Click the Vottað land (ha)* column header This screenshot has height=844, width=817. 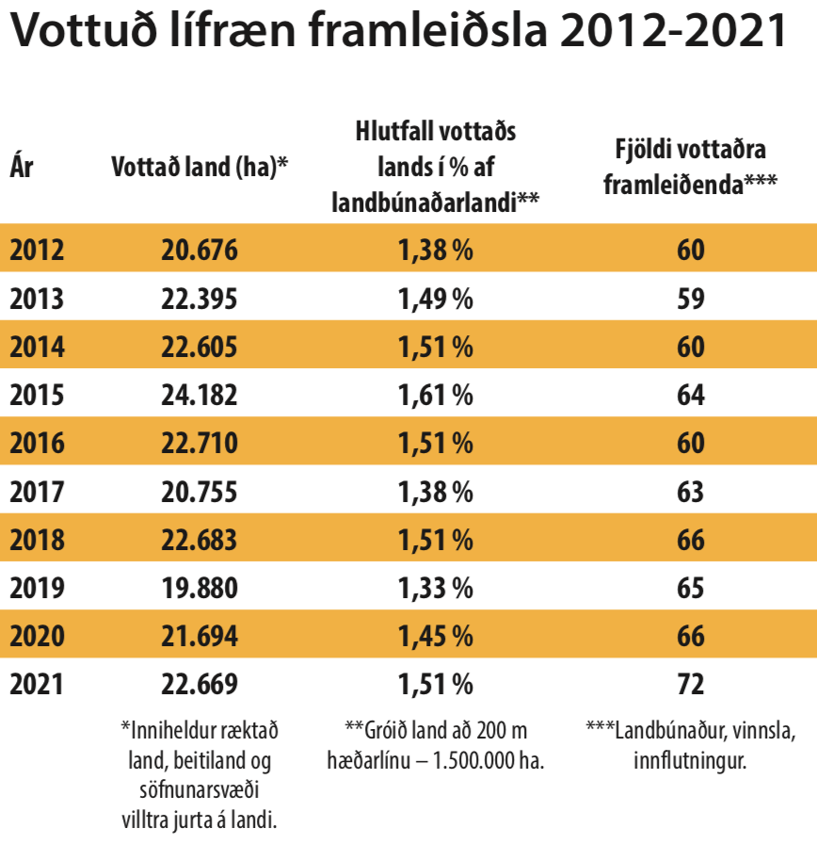pos(199,169)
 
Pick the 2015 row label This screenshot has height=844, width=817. pos(37,395)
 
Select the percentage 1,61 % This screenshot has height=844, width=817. pos(434,395)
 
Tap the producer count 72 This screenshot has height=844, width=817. pos(690,684)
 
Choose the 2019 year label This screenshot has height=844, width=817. pos(37,588)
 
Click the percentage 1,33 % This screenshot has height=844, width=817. pos(434,588)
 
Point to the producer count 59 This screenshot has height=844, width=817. pos(690,299)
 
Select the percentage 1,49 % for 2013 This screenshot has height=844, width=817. pos(434,299)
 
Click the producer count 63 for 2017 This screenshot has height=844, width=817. pos(690,491)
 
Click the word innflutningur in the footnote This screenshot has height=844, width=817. pos(690,760)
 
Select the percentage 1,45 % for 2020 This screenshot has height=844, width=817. pos(434,636)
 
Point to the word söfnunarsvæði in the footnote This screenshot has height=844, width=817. pos(200,790)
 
